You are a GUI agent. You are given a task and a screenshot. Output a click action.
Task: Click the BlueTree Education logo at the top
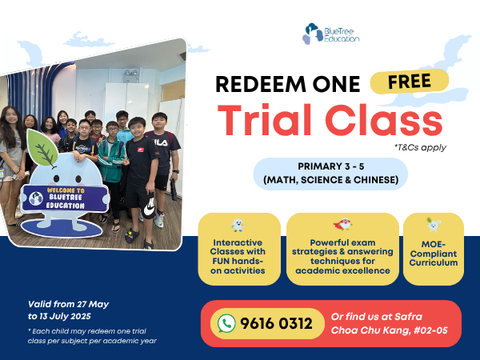click(x=331, y=34)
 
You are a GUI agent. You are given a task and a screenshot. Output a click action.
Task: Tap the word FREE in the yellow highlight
click(x=410, y=81)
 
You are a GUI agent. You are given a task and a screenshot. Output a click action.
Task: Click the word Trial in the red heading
click(x=264, y=120)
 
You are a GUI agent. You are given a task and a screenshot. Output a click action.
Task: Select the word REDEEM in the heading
click(x=261, y=84)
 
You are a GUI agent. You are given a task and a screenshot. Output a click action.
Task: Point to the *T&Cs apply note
click(x=420, y=148)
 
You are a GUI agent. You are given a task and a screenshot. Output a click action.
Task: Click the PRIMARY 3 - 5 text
click(x=331, y=166)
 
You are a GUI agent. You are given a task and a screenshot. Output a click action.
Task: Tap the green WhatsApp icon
click(x=226, y=323)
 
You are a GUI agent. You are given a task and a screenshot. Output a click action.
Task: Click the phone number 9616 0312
click(x=276, y=323)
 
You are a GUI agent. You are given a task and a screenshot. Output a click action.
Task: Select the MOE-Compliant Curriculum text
click(x=434, y=254)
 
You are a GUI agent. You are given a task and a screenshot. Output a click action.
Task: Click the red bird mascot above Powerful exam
click(x=342, y=224)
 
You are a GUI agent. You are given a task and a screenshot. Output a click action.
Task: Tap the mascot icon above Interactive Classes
click(x=238, y=226)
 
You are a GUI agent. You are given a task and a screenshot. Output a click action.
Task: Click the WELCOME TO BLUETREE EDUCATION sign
click(x=65, y=198)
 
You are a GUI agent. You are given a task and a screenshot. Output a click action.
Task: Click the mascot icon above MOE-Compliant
click(x=433, y=225)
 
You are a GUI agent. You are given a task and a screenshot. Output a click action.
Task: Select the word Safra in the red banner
click(x=408, y=317)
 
